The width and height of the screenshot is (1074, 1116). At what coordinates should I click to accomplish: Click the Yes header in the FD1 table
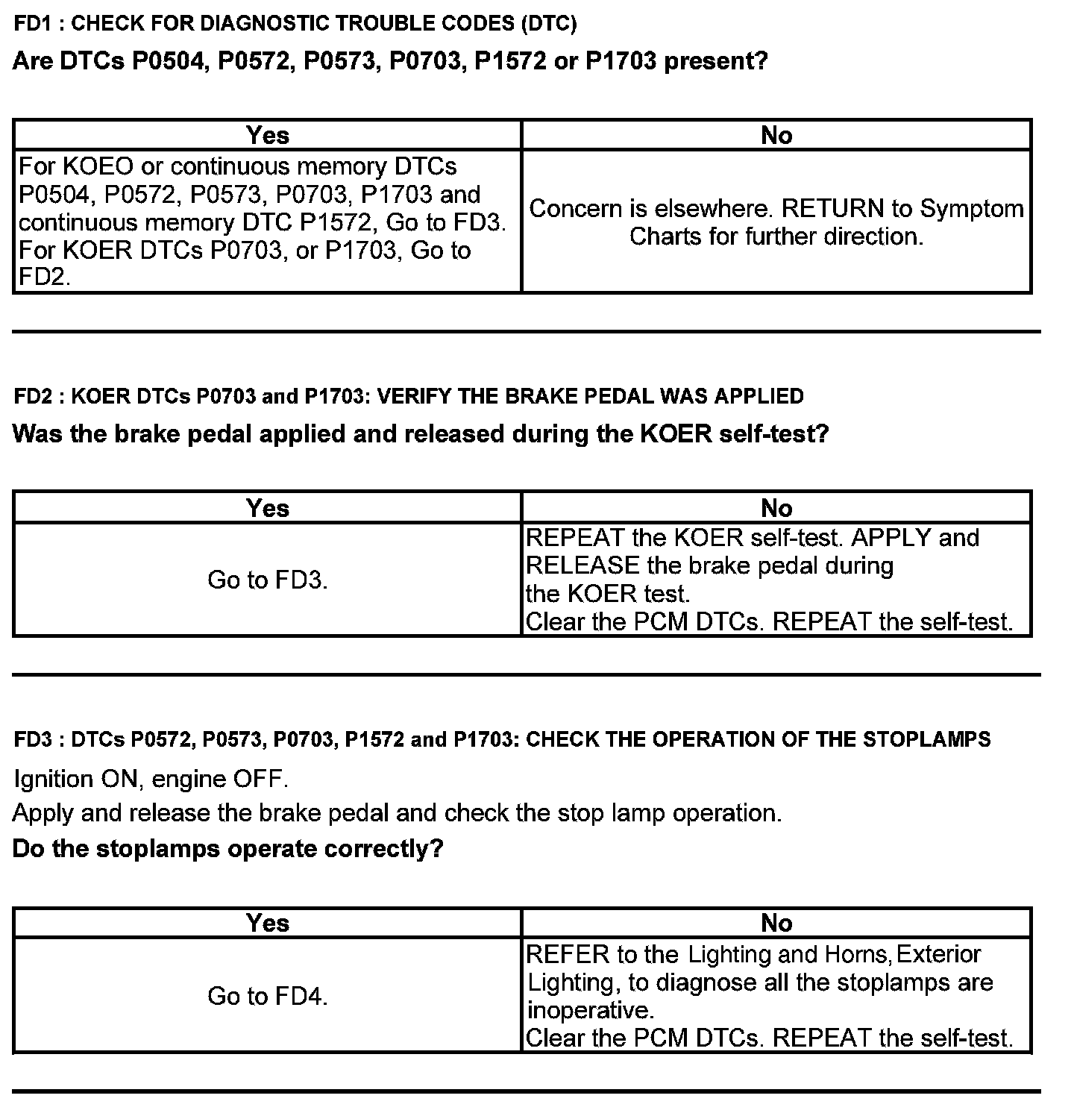(267, 135)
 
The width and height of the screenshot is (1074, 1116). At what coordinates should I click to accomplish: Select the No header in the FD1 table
(776, 135)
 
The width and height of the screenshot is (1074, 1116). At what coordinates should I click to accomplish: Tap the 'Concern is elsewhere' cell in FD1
(776, 222)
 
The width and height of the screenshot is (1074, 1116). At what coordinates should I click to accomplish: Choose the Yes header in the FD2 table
(267, 508)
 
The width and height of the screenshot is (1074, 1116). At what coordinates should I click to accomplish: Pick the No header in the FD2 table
(776, 508)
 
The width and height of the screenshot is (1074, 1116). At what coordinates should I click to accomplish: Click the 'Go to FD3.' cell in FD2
(267, 580)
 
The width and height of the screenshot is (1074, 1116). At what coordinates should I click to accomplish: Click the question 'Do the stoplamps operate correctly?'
(227, 849)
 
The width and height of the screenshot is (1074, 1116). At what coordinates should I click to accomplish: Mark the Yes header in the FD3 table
(267, 924)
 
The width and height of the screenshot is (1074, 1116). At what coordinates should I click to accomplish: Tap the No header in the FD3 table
(776, 924)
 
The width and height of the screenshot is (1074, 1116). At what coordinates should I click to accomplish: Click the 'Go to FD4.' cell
(267, 996)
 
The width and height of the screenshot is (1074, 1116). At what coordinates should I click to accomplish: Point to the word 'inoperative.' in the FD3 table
(590, 1010)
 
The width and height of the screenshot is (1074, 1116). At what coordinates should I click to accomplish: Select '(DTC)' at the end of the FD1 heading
(548, 23)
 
